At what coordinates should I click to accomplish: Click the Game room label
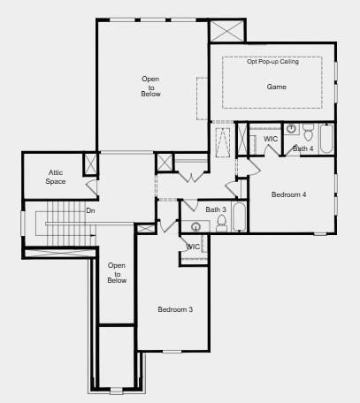(x=276, y=87)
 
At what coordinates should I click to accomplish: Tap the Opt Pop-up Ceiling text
(x=272, y=62)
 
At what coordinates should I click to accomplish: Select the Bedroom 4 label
(x=288, y=194)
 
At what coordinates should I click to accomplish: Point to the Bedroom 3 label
(x=175, y=309)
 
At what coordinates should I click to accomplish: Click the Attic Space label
(x=56, y=177)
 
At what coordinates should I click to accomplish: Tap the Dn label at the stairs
(x=90, y=211)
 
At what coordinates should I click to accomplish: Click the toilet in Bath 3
(x=221, y=224)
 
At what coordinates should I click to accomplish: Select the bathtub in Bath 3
(x=239, y=217)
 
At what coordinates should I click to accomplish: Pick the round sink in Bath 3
(x=195, y=227)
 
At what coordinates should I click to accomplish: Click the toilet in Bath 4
(x=308, y=133)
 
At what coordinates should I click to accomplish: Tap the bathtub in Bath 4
(x=326, y=139)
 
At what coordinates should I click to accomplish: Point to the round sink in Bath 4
(x=291, y=128)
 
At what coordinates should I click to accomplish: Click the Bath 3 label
(x=216, y=209)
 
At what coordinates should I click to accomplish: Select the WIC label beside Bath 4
(x=271, y=139)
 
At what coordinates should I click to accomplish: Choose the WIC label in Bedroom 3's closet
(x=194, y=247)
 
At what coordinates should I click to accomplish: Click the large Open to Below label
(x=150, y=87)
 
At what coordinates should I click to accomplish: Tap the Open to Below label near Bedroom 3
(x=117, y=273)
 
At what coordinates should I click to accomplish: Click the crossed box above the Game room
(x=227, y=31)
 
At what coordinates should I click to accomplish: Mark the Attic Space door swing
(x=91, y=187)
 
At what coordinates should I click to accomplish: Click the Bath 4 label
(x=303, y=148)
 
